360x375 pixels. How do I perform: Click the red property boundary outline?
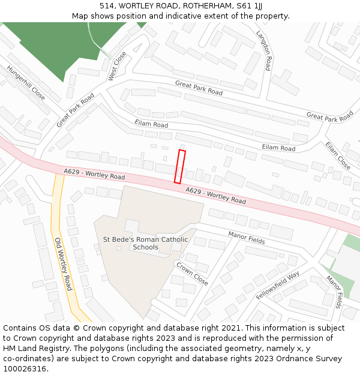(x=179, y=166)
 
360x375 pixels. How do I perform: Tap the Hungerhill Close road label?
(x=26, y=82)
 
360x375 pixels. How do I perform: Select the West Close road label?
(x=117, y=66)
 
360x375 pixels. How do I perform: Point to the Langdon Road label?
(x=264, y=51)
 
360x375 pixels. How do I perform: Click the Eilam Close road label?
(x=338, y=155)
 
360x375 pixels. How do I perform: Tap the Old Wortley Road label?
(x=62, y=264)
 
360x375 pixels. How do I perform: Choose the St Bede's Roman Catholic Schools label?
(x=145, y=243)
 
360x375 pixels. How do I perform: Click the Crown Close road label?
(x=191, y=273)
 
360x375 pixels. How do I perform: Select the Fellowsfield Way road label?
(x=277, y=286)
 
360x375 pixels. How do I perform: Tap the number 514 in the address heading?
(x=107, y=5)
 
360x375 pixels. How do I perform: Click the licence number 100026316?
(x=25, y=369)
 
